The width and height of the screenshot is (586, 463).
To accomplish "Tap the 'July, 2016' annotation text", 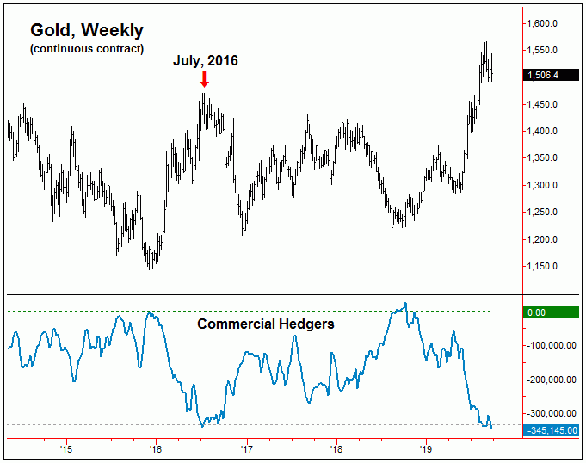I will (204, 61).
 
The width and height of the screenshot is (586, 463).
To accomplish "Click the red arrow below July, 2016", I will (204, 79).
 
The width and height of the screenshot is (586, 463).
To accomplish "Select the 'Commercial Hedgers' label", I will (266, 324).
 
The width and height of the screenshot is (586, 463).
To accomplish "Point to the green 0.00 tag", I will (537, 312).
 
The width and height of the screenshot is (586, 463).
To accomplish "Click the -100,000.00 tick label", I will (552, 346).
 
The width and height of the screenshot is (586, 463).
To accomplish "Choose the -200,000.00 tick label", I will (552, 380).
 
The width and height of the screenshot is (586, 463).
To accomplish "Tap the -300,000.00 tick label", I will (552, 413).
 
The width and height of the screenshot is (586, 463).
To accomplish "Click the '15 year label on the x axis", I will (65, 448).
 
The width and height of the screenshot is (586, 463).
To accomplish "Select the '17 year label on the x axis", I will (246, 448).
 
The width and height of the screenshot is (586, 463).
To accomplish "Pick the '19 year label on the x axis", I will (424, 448).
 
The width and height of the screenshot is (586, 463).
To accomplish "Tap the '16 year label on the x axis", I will (155, 448).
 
